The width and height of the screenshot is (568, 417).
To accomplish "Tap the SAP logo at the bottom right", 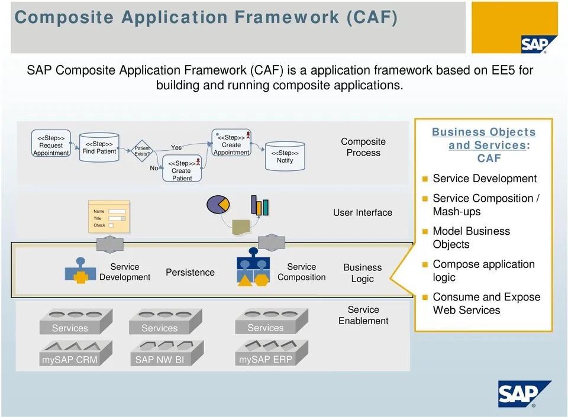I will [x=524, y=394].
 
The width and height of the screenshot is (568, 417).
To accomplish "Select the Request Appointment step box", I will [x=51, y=146].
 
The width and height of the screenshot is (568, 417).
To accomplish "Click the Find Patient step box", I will [x=99, y=147].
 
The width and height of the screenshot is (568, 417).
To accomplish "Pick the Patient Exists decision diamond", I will [x=142, y=151].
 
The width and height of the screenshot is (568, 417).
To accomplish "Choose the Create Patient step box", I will [x=182, y=170].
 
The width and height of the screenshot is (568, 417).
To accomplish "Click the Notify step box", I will [x=285, y=156].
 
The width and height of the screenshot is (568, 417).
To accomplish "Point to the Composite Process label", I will [x=363, y=147].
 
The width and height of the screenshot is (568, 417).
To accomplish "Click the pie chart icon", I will [x=218, y=205].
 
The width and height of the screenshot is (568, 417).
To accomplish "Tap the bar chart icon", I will [x=260, y=205].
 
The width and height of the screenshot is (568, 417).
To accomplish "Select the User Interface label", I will [x=363, y=212].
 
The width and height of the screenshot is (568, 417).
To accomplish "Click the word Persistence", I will [x=190, y=272].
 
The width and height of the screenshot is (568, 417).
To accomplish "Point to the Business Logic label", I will [x=363, y=273].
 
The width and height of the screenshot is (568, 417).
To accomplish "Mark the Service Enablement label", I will [x=363, y=315].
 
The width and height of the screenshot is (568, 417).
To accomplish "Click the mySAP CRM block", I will [x=70, y=359].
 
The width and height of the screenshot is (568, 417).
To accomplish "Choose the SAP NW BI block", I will [x=160, y=359].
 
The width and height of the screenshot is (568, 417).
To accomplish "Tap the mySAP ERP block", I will [x=266, y=358].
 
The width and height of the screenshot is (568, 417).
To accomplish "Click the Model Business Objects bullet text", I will [x=472, y=238].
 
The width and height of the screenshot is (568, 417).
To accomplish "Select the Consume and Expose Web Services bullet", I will [x=486, y=303].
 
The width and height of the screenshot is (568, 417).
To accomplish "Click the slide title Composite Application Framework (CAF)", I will [x=206, y=17].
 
